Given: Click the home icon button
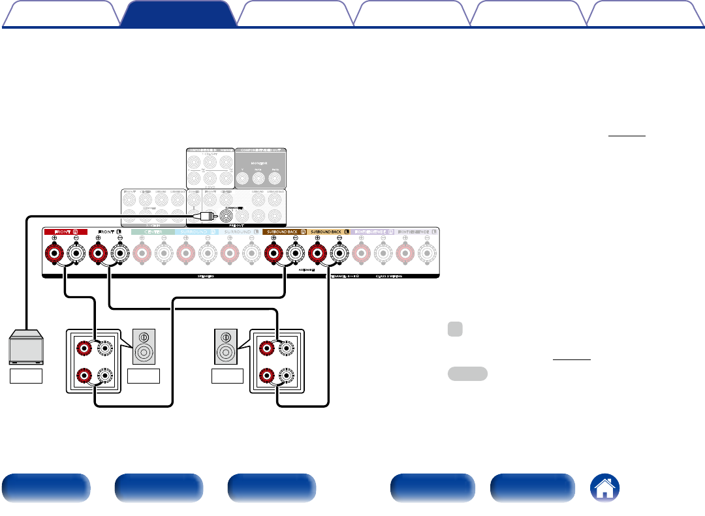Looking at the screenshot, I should [x=604, y=489].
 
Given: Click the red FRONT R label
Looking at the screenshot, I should [x=65, y=232].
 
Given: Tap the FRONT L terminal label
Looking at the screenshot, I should [x=109, y=232].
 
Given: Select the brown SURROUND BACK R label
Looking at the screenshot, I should [x=285, y=232].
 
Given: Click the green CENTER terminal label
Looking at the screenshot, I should [x=153, y=232].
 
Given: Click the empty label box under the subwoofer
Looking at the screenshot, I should [x=27, y=376].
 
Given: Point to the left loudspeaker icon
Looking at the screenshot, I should [x=144, y=346].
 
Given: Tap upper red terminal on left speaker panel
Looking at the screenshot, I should [x=84, y=348].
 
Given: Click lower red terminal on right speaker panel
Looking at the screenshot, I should [x=266, y=376].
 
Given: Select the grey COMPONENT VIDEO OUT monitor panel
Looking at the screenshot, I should [x=260, y=168].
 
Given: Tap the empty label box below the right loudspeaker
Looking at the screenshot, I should [x=227, y=376].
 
